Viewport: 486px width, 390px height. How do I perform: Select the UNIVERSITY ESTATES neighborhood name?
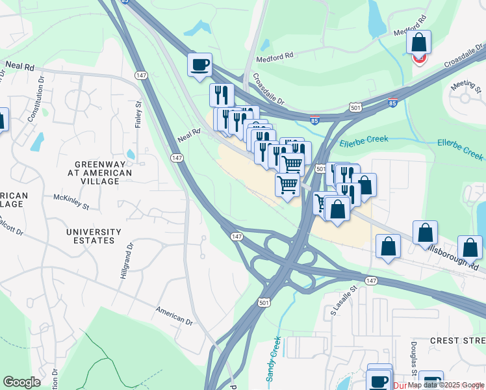coord(94,236)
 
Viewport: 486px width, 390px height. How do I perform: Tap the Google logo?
coord(21,382)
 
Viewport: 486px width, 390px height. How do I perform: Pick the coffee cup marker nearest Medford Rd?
coord(199,64)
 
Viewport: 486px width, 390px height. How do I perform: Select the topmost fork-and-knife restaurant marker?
coord(222,95)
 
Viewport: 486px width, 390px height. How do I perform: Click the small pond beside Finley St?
coord(131,155)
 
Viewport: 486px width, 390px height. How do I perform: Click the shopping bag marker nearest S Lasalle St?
coord(388,247)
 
